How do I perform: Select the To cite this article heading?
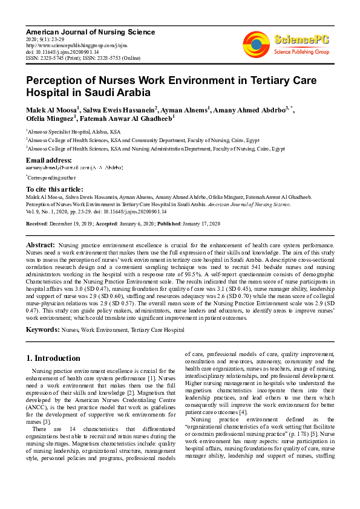[x=54, y=189]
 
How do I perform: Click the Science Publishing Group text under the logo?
[x=301, y=52]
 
